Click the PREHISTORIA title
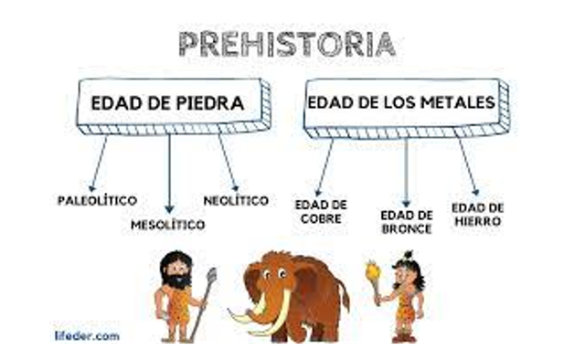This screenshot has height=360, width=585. point(286,43)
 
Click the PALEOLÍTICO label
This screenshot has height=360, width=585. point(97,199)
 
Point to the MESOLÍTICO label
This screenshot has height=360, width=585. point(168,224)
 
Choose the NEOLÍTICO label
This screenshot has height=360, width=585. point(236,199)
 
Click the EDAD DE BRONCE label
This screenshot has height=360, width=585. point(406,220)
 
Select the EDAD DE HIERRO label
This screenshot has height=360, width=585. point(476,215)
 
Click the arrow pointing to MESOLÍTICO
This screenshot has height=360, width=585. point(169,174)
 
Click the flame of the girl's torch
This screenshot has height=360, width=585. point(372,270)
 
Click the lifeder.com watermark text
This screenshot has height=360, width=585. point(86,335)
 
